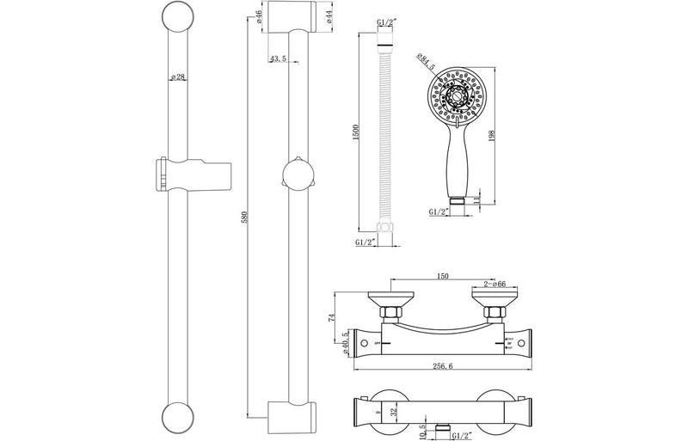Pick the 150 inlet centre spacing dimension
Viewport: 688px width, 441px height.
(442, 278)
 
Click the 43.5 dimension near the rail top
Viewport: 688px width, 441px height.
(279, 58)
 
